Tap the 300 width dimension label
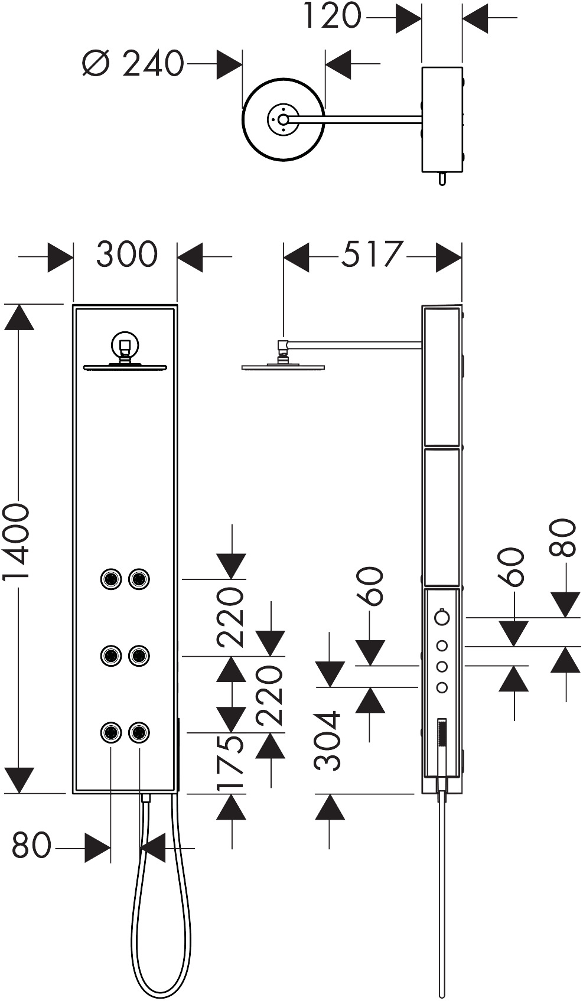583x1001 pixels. (x=127, y=254)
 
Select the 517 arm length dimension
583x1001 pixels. (x=372, y=254)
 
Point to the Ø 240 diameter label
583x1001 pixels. (x=133, y=63)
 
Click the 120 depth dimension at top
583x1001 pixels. (x=332, y=16)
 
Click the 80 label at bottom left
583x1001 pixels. (x=31, y=845)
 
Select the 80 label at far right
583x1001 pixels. (x=562, y=537)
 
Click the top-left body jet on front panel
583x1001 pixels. (x=111, y=579)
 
